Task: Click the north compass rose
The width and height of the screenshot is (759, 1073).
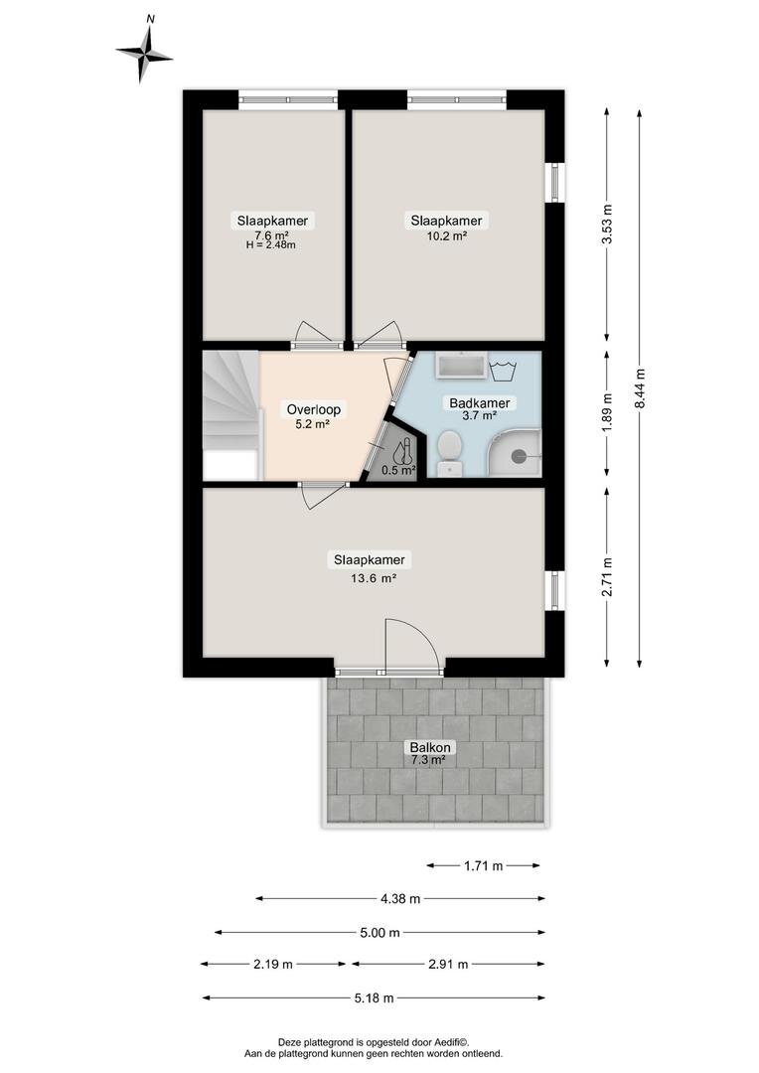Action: [144, 54]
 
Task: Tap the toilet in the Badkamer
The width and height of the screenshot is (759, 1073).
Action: [450, 452]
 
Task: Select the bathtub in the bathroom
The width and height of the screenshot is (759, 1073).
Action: [462, 366]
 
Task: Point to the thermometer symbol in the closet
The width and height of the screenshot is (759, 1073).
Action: [403, 450]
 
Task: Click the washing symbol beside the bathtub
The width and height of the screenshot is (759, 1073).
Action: [503, 369]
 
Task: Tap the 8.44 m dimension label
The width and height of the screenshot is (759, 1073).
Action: [640, 388]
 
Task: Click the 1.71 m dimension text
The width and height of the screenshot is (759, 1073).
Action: [483, 865]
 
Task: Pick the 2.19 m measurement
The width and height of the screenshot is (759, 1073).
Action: [273, 964]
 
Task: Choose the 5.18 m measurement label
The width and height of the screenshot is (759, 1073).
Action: [375, 997]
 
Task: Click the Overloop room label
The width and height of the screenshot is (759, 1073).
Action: [314, 410]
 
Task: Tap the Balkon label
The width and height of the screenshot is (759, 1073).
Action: [430, 747]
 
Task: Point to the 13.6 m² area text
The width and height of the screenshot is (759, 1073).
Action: [374, 577]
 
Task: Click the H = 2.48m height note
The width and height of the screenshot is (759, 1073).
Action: [271, 244]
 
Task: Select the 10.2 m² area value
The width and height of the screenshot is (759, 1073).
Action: [446, 236]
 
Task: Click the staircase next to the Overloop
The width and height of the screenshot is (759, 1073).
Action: [231, 414]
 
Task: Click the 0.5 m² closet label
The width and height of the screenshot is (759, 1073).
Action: [398, 470]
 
